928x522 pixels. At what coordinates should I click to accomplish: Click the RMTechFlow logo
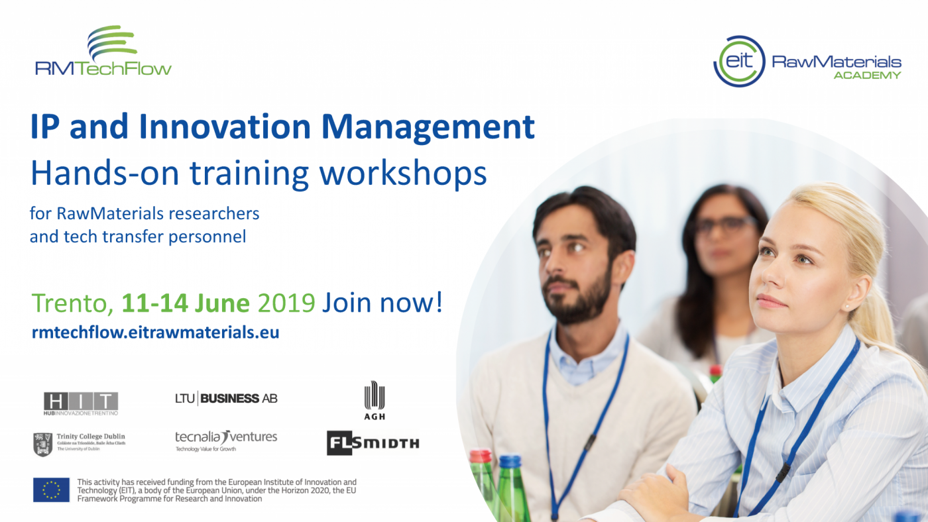pos(103,50)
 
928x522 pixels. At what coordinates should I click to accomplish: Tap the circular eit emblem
pos(739,61)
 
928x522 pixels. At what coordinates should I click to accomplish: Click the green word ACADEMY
pos(867,76)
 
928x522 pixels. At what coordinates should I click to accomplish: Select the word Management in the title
pos(428,127)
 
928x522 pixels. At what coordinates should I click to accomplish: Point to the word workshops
pos(403,173)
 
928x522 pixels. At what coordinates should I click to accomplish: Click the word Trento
pos(72,303)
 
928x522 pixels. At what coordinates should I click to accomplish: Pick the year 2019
pos(286,303)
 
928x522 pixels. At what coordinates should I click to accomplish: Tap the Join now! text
pos(382,302)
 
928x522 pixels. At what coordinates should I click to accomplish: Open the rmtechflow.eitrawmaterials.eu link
pos(155,333)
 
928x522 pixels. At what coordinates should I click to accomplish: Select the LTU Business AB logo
pos(226,398)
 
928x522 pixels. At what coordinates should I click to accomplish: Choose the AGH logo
pos(375,400)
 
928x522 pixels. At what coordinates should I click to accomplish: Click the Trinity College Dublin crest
pos(42,444)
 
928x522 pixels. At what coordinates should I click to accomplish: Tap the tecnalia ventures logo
pos(226,441)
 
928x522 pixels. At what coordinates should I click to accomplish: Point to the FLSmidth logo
pos(373,443)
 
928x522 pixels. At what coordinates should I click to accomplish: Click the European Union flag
pos(52,490)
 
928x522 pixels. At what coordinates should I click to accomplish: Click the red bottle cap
pos(480,456)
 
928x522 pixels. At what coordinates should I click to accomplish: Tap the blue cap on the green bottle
pos(510,462)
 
